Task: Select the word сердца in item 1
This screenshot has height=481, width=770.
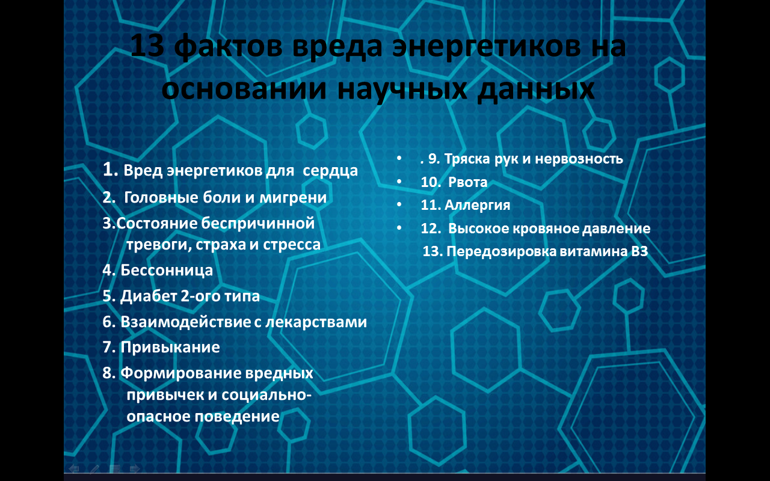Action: point(330,171)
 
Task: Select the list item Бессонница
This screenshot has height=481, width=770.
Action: point(167,270)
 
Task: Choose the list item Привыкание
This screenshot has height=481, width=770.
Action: point(170,347)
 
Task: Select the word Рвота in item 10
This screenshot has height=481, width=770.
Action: point(468,182)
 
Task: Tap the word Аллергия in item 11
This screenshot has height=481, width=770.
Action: point(477,205)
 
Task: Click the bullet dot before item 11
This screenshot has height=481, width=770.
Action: point(399,205)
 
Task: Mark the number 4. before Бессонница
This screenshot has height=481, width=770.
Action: point(109,270)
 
